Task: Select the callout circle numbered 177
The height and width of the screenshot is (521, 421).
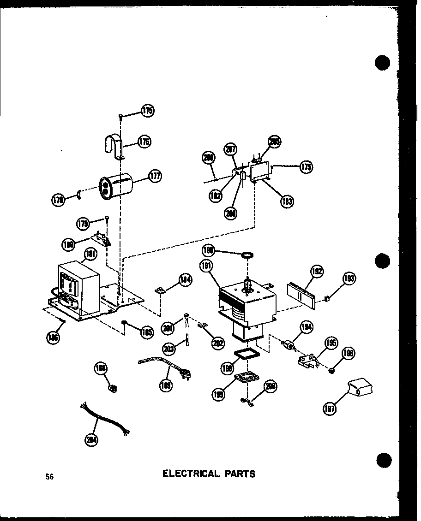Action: [x=155, y=176]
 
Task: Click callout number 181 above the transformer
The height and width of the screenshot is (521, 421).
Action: [x=90, y=254]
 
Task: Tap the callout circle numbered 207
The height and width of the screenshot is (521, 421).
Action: [x=231, y=150]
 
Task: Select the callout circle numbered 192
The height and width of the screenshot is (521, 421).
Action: [x=317, y=271]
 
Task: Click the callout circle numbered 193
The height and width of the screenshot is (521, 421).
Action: [x=349, y=278]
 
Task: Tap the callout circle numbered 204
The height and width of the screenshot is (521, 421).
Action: [x=91, y=440]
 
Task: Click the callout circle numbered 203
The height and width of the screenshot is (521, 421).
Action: [x=169, y=349]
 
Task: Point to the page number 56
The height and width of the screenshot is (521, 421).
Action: [x=49, y=477]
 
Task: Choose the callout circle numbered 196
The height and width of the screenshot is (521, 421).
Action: [x=349, y=354]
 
